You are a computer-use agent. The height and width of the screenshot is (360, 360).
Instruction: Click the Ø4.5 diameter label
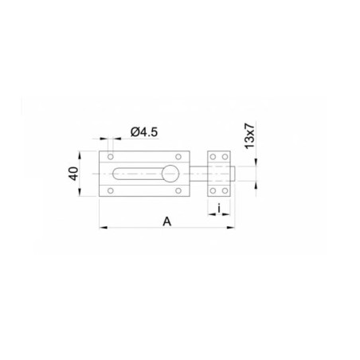click(144, 132)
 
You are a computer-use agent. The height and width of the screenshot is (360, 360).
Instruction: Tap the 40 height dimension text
click(74, 174)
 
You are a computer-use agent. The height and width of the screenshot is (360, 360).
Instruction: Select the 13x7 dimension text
click(249, 135)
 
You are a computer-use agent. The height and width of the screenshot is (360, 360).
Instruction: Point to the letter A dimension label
click(167, 221)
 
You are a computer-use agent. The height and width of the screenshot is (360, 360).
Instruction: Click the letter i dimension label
click(219, 209)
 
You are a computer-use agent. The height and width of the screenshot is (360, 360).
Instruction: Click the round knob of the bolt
click(170, 174)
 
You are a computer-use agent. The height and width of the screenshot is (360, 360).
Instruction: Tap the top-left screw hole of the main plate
click(111, 157)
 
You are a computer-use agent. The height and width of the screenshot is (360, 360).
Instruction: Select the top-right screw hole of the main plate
click(178, 157)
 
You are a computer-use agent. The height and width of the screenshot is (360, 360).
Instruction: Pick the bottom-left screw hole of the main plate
click(111, 190)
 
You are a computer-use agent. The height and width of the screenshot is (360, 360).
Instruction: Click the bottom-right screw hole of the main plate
click(178, 190)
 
